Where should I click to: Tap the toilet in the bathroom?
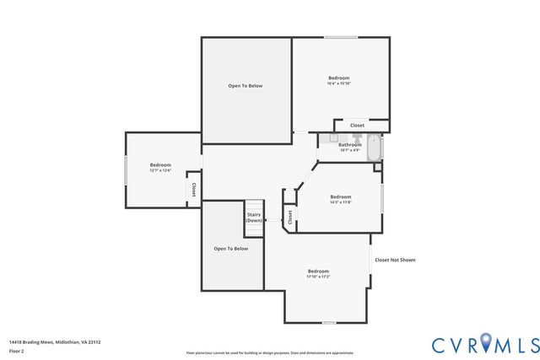pos(356,137)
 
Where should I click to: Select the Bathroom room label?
pos(349,144)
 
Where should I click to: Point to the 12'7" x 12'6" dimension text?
pos(160,170)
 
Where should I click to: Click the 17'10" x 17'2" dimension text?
pos(318,276)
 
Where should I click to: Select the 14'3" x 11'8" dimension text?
pos(340,202)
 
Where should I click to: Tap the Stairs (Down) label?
pos(254,218)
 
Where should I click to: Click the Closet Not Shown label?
pos(395,260)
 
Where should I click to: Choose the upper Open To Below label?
pos(246,85)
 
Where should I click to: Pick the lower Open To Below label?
pos(230,249)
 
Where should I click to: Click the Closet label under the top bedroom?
pos(357,125)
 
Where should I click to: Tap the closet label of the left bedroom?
pos(193,190)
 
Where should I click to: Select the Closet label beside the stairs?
pos(289,217)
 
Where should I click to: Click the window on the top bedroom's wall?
pos(341,37)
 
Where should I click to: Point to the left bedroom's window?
pos(126,169)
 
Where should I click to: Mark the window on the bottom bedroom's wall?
pos(328,322)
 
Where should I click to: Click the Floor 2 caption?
pos(17,351)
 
